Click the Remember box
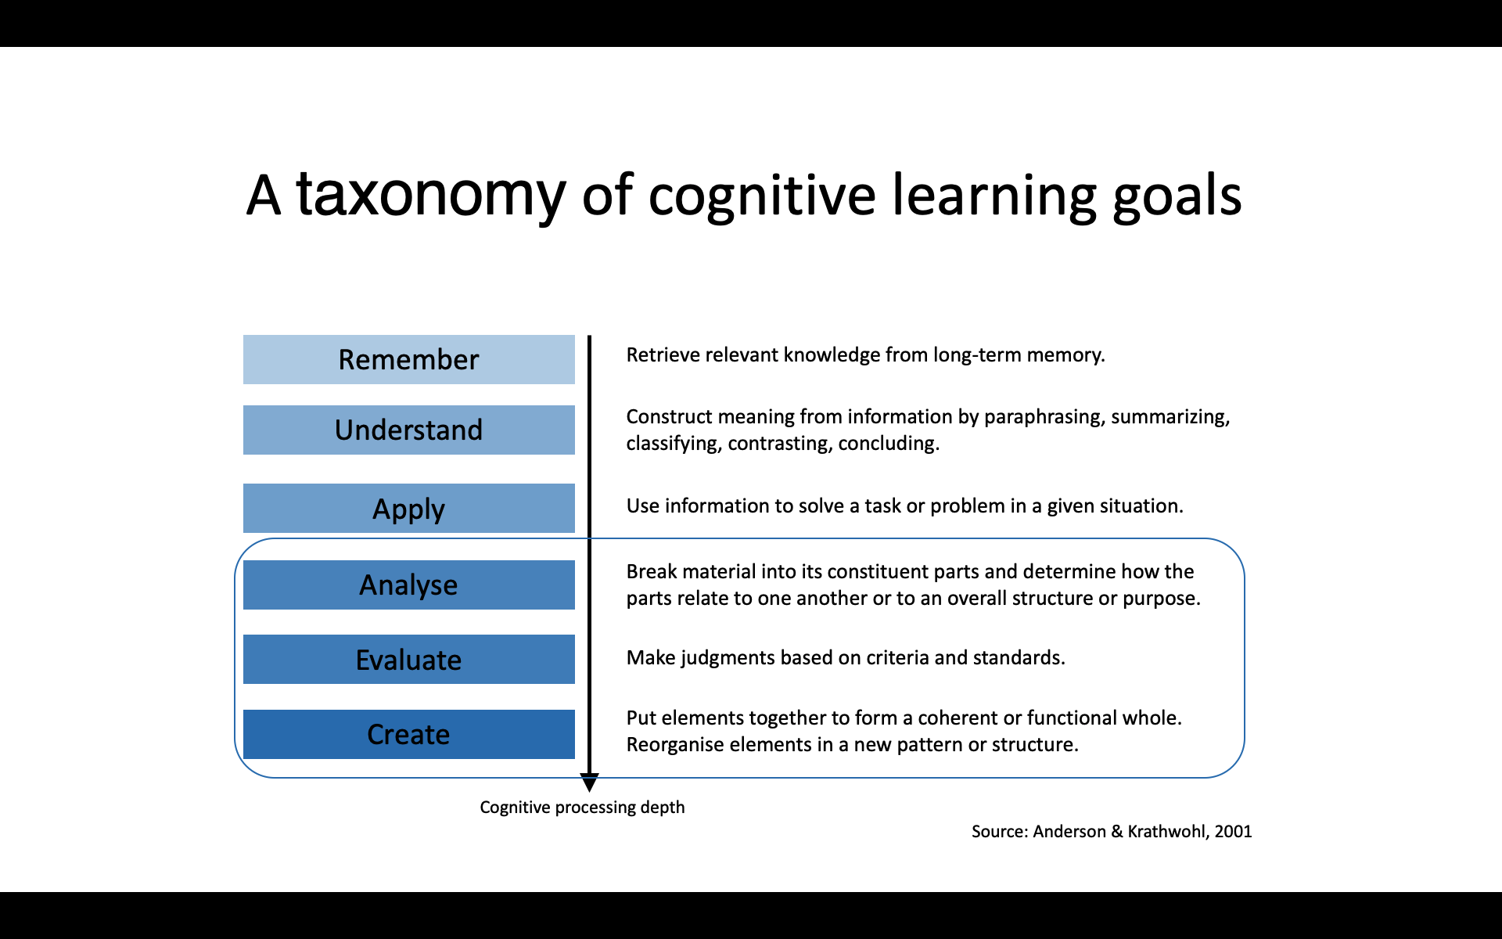tap(408, 359)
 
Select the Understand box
tap(408, 430)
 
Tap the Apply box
tap(408, 508)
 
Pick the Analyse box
tap(408, 585)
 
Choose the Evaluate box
tap(408, 659)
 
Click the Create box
tap(408, 734)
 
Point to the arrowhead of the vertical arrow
tap(589, 782)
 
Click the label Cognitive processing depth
tap(582, 807)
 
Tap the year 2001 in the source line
tap(1233, 831)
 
